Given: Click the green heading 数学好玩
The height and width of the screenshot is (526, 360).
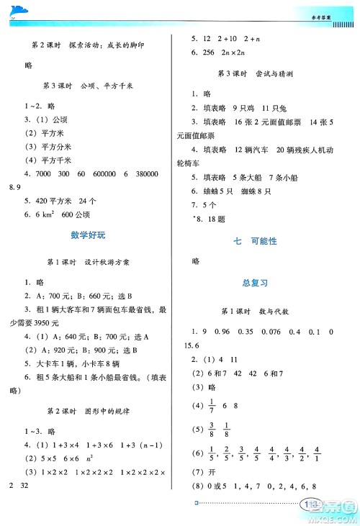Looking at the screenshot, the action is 88,235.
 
